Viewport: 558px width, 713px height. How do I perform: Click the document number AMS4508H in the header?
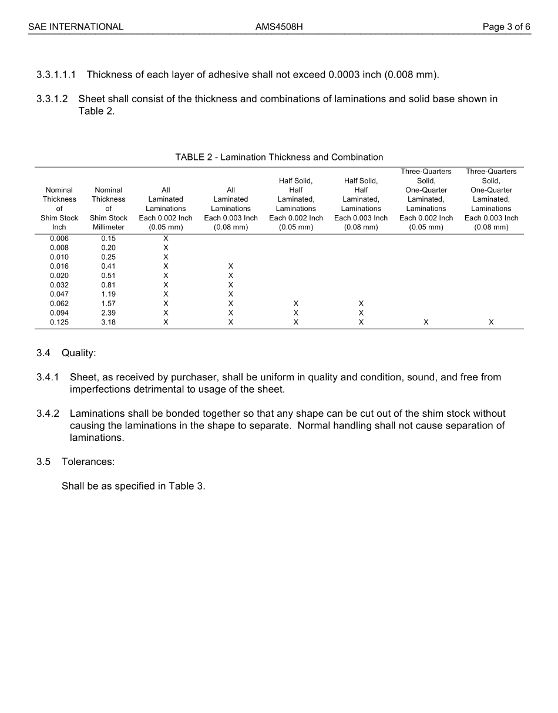coord(279,27)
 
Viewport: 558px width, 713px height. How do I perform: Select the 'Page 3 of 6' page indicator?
coord(506,27)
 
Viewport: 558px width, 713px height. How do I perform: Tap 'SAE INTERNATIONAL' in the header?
coord(76,27)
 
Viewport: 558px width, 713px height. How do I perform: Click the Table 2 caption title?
coord(279,157)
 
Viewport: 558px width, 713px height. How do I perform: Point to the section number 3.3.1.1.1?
coord(56,75)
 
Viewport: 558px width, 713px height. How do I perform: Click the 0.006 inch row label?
coord(59,239)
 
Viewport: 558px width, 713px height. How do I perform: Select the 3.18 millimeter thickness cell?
coord(108,323)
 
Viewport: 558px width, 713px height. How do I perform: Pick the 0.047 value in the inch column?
coord(59,294)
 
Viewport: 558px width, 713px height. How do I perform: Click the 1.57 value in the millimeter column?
coord(108,304)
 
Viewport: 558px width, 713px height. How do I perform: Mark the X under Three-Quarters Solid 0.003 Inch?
coord(491,323)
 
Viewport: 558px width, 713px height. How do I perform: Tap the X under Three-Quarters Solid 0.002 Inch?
coord(426,323)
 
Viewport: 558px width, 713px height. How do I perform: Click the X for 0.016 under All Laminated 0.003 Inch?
coord(231,267)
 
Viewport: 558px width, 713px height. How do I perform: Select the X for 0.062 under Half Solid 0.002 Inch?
coord(296,304)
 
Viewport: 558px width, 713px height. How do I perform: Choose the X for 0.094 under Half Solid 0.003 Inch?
coord(361,313)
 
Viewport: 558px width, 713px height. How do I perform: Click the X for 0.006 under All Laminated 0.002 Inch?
coord(166,239)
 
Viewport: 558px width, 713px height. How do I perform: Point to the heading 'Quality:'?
coord(79,353)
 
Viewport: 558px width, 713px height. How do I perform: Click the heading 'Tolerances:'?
coord(88,462)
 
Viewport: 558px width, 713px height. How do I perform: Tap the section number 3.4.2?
coord(48,414)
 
